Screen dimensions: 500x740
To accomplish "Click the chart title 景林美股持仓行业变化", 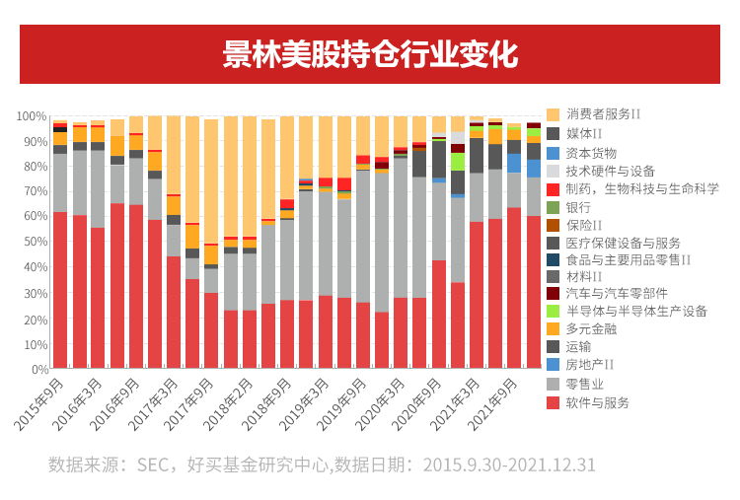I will pos(370,54).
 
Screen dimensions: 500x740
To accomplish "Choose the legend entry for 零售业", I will pos(585,384).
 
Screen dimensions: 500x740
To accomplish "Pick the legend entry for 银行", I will pos(578,207).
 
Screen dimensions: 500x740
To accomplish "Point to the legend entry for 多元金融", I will pos(591,328).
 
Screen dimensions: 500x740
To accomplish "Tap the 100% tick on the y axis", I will pos(32,116).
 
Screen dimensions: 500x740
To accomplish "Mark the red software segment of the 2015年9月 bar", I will pos(60,290).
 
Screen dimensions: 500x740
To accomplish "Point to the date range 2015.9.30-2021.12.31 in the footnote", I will pos(509,464).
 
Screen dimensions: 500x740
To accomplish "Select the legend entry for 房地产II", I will pos(591,365).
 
